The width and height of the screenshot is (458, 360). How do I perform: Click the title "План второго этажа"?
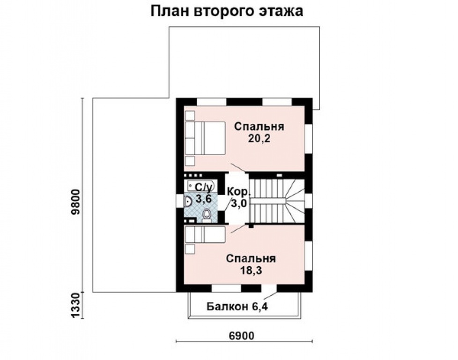(x=227, y=12)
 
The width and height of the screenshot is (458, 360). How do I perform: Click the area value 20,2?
(x=260, y=139)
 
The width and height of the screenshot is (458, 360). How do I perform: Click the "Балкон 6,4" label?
(x=237, y=307)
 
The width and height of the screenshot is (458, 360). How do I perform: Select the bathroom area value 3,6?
(x=204, y=199)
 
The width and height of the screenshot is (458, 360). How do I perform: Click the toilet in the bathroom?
(x=207, y=215)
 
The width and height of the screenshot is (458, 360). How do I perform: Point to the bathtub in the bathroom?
(x=199, y=186)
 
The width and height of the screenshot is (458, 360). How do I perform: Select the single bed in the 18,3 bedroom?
(x=205, y=235)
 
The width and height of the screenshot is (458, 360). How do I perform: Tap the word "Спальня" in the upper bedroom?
(x=260, y=127)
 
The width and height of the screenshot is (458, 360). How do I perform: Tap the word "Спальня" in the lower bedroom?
(x=251, y=258)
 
